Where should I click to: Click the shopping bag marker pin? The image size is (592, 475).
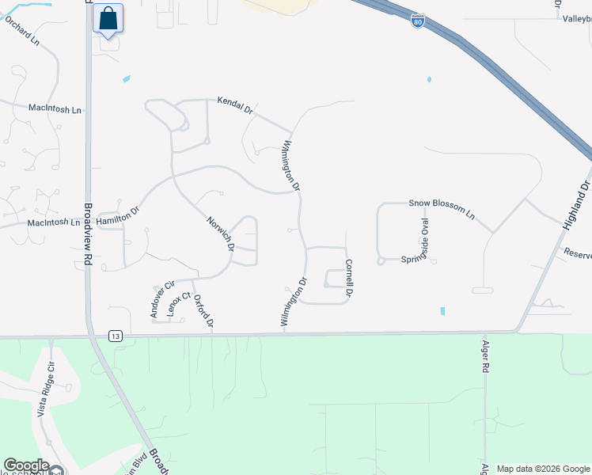click(108, 18)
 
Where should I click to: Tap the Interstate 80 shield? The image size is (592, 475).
click(418, 21)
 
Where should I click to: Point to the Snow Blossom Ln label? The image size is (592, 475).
click(441, 208)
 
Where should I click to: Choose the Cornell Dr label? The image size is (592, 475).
click(348, 279)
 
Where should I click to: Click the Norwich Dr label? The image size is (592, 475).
click(221, 234)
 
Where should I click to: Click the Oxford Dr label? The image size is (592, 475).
click(204, 311)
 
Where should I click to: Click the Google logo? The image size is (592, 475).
click(26, 465)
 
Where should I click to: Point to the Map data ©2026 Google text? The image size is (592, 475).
click(542, 469)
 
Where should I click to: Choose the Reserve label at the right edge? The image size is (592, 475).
click(577, 253)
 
